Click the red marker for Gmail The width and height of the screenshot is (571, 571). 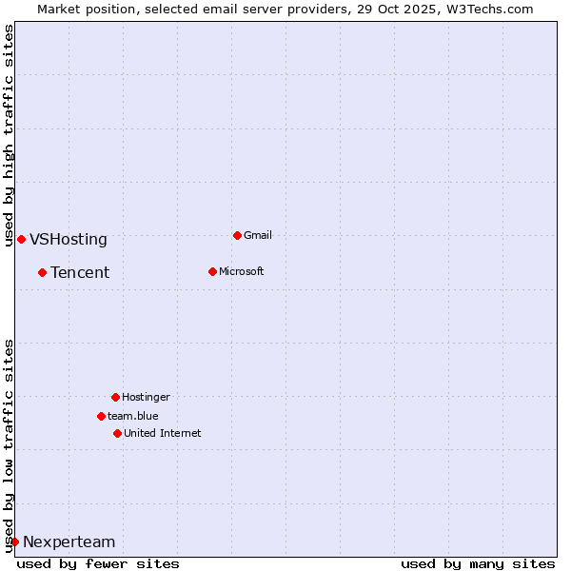237,235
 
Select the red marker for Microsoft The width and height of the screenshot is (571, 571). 212,271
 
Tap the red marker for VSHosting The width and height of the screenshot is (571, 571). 21,239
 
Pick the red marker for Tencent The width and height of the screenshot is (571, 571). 42,272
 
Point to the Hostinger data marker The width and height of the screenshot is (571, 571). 115,397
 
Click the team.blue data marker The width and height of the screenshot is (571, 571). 101,416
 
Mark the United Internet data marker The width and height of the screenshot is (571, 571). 117,433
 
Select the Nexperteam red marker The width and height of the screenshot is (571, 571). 14,541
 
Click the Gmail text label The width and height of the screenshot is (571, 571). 258,235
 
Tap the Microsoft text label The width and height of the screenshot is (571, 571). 242,271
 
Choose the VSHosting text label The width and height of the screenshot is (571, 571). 69,240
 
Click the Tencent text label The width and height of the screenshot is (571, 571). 80,273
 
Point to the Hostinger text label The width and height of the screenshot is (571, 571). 146,397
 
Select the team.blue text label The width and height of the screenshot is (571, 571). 133,416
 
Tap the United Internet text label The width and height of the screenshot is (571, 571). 163,433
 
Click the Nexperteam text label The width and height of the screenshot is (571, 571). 69,542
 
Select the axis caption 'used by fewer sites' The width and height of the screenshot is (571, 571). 98,563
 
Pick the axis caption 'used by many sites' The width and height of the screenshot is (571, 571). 478,563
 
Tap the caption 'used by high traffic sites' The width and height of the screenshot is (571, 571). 9,135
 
